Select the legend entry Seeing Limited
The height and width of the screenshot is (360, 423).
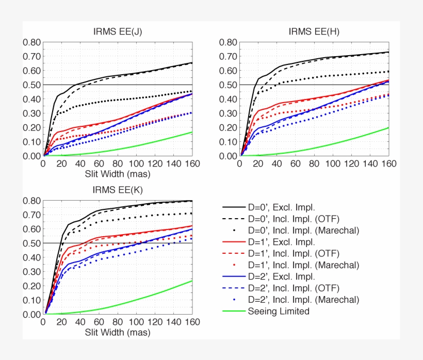tap(279, 311)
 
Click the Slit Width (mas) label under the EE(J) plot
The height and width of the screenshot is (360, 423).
tap(118, 174)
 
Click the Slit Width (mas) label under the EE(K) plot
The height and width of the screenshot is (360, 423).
tap(118, 333)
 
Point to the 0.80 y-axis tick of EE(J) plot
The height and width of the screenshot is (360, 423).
tap(31, 42)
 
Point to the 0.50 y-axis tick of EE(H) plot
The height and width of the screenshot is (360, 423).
tap(228, 85)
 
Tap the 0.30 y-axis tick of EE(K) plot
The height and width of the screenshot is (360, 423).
tap(31, 271)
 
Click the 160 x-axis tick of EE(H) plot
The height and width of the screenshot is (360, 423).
tap(388, 164)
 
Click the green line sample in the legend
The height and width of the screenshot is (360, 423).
tap(234, 311)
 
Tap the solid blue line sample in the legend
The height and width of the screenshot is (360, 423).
tap(234, 276)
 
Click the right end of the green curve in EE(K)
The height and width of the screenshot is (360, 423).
tap(192, 281)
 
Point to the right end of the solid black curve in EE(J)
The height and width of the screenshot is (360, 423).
tap(192, 63)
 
